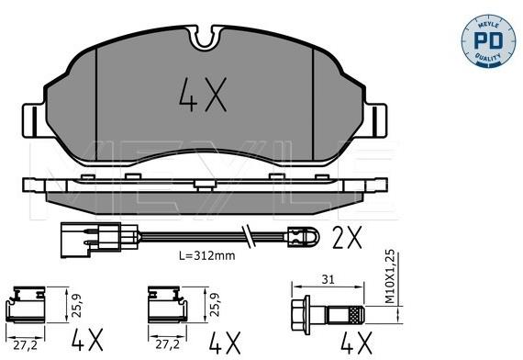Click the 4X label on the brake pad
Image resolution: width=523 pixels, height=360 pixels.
point(203,95)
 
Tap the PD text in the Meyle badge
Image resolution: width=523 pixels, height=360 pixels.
point(488,40)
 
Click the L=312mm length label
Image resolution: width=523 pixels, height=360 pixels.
point(206,256)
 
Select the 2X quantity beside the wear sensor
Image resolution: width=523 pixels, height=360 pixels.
point(347,238)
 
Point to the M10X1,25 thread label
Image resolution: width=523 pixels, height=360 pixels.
point(390,276)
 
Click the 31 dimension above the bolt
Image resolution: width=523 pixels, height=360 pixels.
point(328,279)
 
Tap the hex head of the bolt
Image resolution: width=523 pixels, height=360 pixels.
point(301,315)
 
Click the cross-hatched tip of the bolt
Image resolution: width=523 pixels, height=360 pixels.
point(356,315)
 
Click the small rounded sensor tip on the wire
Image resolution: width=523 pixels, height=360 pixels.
point(303,236)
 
